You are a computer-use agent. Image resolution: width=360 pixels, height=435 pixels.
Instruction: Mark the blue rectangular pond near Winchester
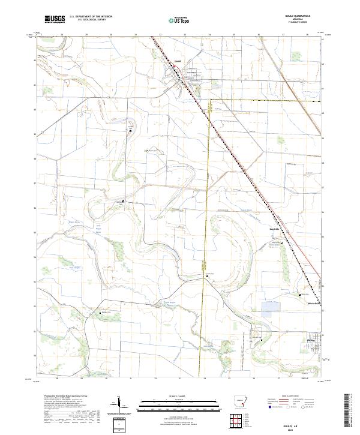(271, 308)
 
